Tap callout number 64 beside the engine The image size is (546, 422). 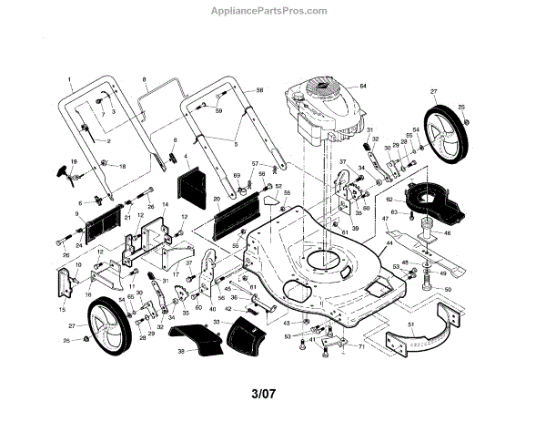362,86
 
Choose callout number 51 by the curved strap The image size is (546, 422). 411,324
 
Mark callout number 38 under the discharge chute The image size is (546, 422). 180,351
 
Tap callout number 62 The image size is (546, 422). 389,198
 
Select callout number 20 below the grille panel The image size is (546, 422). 217,198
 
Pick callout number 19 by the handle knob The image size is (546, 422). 73,161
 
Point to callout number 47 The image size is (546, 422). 386,219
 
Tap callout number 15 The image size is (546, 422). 63,310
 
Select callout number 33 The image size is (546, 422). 217,324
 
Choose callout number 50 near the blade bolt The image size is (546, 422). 448,290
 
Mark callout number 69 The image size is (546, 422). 236,174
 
